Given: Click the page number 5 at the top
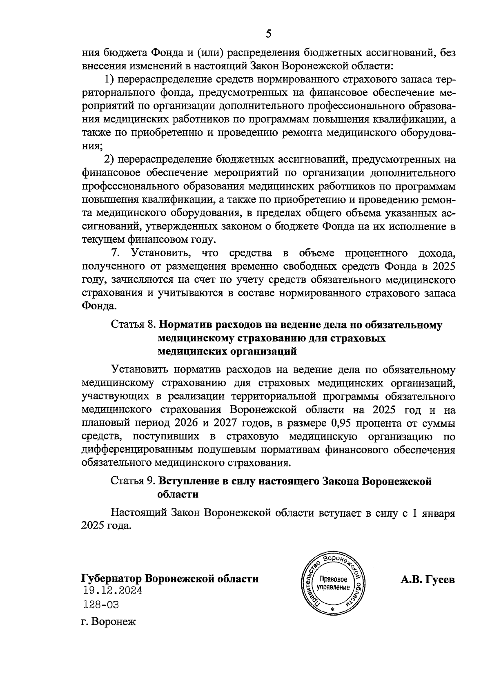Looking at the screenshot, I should (x=268, y=34).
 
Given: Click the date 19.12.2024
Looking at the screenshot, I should (x=112, y=590).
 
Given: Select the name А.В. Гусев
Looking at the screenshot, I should (x=428, y=580).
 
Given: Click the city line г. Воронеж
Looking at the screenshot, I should (x=108, y=622).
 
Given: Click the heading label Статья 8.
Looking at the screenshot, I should (x=134, y=325).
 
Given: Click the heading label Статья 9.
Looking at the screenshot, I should (x=134, y=481).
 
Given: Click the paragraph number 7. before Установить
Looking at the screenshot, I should (x=116, y=253).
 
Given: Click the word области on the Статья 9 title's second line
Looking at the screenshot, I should (x=178, y=494).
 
